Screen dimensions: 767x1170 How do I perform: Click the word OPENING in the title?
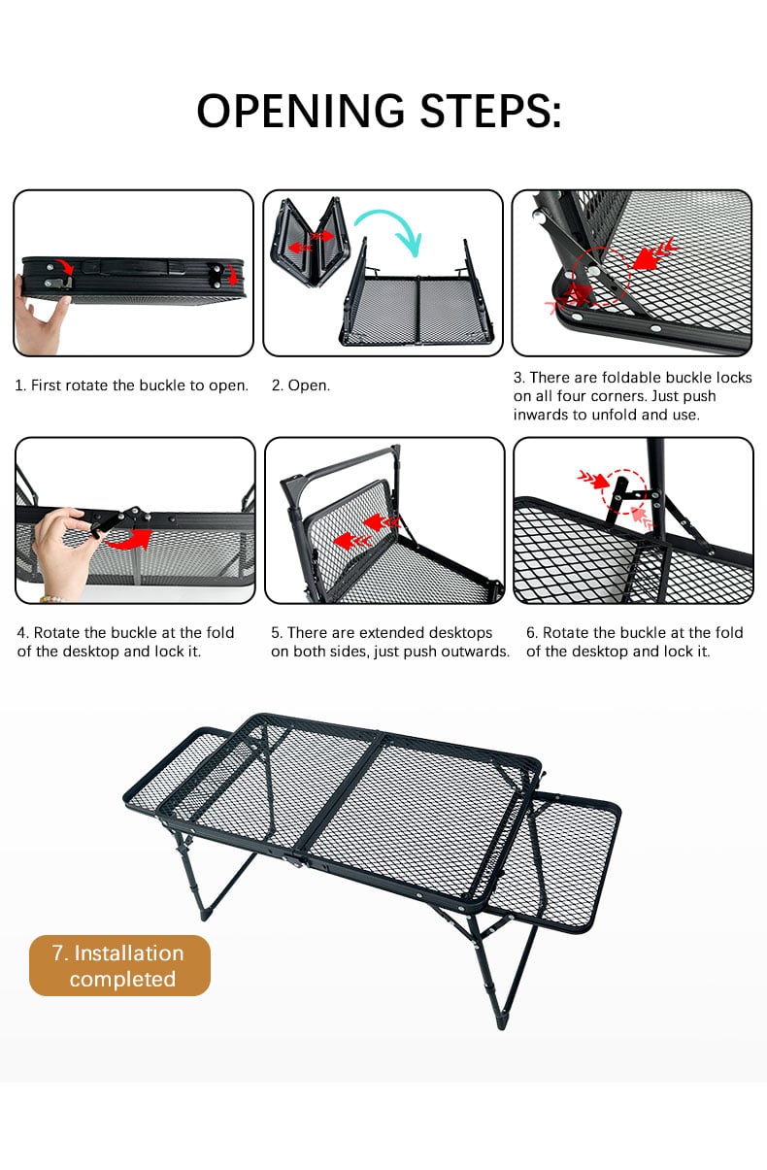[x=300, y=111]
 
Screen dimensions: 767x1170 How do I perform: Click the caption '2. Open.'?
[x=301, y=385]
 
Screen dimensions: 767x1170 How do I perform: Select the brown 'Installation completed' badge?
[x=119, y=965]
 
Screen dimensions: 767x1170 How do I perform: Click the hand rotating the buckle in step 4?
[x=63, y=553]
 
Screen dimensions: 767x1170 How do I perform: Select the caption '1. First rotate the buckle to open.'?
[x=132, y=385]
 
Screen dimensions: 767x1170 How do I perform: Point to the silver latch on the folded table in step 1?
[x=58, y=283]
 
